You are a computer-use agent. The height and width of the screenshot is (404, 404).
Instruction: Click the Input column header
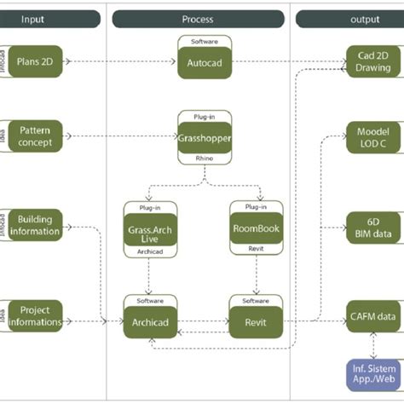pyautogui.click(x=34, y=19)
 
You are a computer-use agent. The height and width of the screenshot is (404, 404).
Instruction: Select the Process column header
pyautogui.click(x=198, y=19)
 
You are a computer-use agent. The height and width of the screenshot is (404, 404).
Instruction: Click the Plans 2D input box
pyautogui.click(x=35, y=61)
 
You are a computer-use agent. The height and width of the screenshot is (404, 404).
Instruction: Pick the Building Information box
pyautogui.click(x=35, y=225)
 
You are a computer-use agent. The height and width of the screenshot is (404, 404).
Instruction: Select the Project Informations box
pyautogui.click(x=35, y=315)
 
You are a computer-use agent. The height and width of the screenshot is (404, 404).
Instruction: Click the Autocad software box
pyautogui.click(x=204, y=62)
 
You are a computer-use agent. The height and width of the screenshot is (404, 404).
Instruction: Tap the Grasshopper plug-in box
pyautogui.click(x=205, y=136)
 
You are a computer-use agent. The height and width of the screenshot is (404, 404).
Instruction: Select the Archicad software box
pyautogui.click(x=150, y=322)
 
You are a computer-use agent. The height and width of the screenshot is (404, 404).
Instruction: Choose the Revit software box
pyautogui.click(x=257, y=322)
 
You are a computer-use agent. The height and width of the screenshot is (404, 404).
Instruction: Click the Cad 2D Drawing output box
pyautogui.click(x=373, y=61)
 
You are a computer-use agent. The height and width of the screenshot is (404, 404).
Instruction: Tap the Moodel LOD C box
pyautogui.click(x=373, y=138)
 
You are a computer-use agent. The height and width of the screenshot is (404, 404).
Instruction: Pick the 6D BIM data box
pyautogui.click(x=373, y=227)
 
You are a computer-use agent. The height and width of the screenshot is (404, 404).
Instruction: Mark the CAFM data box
pyautogui.click(x=373, y=315)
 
